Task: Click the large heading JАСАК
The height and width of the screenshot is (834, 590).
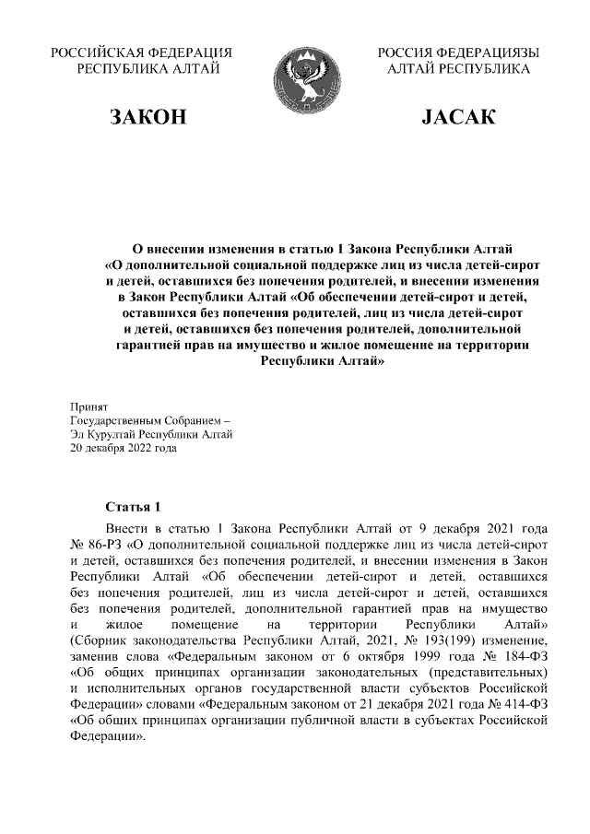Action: (x=458, y=117)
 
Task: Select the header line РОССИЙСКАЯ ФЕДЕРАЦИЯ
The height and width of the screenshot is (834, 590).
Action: (x=141, y=53)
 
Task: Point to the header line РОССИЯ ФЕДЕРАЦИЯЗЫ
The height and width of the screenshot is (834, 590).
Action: (x=458, y=53)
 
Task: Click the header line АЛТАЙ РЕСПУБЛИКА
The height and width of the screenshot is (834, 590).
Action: (x=458, y=69)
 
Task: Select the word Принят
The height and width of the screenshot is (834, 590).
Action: (x=89, y=405)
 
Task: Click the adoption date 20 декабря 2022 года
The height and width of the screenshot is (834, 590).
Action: (x=123, y=449)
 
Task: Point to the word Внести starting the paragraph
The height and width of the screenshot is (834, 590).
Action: (x=128, y=529)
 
